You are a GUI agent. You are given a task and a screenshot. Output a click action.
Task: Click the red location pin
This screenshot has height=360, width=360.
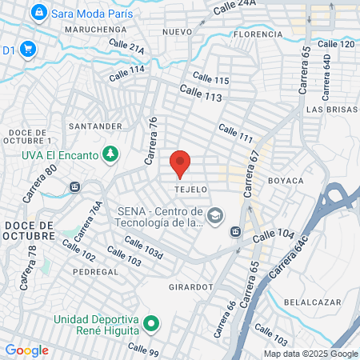(180, 162)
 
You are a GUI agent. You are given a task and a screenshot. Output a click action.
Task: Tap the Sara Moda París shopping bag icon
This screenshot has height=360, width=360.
(38, 13)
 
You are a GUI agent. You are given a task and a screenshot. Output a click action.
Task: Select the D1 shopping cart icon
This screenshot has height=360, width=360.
(27, 50)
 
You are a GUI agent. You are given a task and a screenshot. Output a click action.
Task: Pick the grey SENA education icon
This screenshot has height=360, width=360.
(214, 216)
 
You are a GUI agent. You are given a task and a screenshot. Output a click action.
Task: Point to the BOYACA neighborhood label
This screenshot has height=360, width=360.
(286, 181)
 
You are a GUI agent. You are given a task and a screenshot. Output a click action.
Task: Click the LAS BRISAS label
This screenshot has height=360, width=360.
(326, 108)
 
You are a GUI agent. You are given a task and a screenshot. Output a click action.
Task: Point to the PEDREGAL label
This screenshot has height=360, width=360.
(96, 271)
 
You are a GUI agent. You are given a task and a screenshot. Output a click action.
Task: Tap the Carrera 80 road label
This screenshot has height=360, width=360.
(40, 182)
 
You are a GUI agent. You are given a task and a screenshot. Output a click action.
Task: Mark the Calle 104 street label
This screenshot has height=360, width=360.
(275, 237)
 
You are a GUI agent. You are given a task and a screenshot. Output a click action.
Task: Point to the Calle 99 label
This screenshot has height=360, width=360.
(144, 350)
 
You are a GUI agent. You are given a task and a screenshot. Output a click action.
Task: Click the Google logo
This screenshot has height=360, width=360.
(26, 350)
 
